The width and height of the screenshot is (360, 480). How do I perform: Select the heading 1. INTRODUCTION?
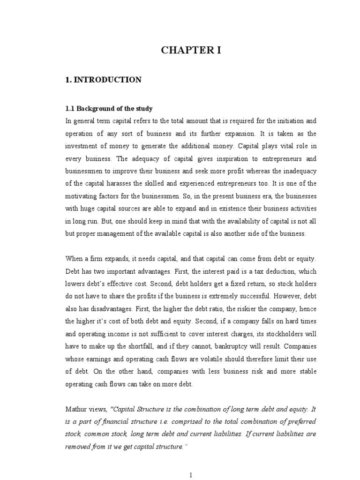click(x=103, y=80)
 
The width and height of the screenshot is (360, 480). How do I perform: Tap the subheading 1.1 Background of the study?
click(x=109, y=108)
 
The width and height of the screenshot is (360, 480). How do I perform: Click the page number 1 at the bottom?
click(x=191, y=475)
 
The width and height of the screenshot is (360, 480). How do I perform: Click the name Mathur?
click(x=76, y=409)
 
